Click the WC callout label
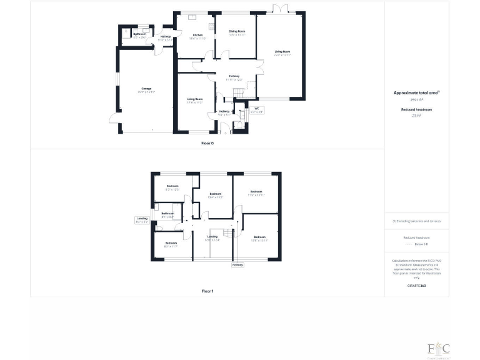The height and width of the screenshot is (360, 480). [256, 110]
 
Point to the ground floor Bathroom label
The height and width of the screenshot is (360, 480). [139, 35]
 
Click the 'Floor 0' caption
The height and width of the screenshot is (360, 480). [207, 143]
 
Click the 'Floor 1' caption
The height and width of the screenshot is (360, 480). [207, 291]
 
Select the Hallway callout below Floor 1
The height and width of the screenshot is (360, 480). [237, 265]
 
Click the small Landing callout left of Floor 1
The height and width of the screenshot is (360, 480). [142, 219]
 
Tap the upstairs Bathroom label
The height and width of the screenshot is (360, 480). [167, 214]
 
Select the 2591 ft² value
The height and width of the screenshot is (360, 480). [417, 99]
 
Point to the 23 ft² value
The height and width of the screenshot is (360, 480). [417, 116]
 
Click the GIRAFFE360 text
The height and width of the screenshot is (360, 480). [417, 285]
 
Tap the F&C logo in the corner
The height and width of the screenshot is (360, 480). [438, 348]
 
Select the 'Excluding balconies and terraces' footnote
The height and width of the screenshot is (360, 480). [417, 221]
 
